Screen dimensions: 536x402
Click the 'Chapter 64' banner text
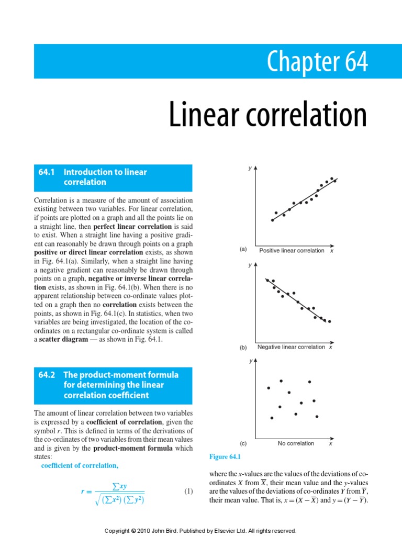point(317,62)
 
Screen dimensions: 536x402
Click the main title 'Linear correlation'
point(267,115)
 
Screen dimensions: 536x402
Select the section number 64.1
point(47,172)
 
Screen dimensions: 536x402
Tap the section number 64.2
point(47,375)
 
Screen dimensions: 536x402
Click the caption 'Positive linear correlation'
point(292,251)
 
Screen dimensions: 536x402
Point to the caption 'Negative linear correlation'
point(291,347)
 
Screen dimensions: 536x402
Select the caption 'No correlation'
point(296,443)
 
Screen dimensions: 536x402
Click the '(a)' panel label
point(243,250)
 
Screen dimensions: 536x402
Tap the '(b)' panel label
point(243,347)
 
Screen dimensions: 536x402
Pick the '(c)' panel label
point(243,443)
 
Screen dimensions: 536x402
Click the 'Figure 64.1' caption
point(224,457)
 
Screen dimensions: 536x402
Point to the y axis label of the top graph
point(250,168)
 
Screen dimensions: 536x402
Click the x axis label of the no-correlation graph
point(331,443)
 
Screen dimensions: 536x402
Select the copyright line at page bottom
point(201,530)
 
